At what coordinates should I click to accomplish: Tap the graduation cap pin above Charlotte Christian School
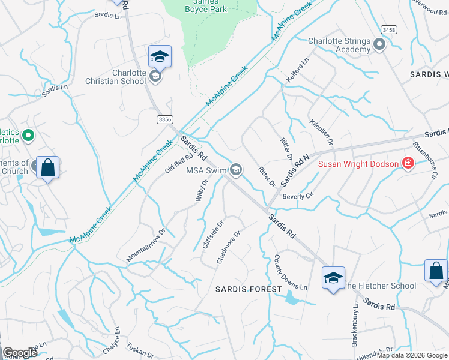(x=160, y=56)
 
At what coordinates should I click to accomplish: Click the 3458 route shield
(x=389, y=29)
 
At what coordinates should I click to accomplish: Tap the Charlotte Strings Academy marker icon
(x=379, y=44)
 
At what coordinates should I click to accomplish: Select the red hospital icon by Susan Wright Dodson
(x=408, y=163)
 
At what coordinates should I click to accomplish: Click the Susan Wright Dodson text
(x=358, y=164)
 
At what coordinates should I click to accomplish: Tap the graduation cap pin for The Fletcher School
(x=333, y=278)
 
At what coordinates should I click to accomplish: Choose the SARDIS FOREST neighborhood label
(x=249, y=289)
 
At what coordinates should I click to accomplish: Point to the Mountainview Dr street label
(x=146, y=244)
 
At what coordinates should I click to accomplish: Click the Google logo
(x=20, y=353)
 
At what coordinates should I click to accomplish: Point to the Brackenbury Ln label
(x=355, y=325)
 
